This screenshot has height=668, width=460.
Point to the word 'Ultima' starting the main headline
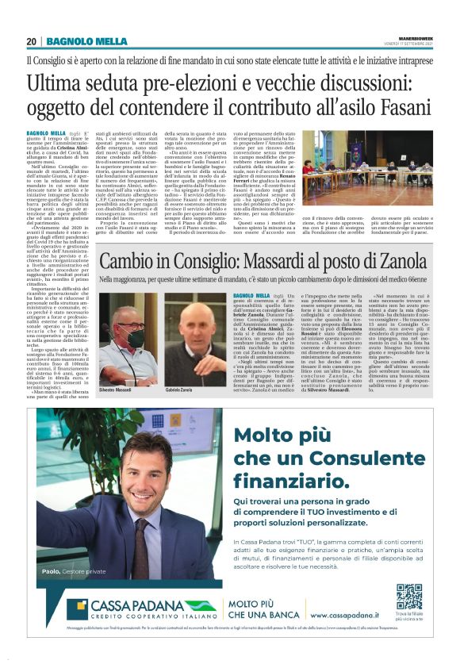[x=58, y=81]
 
